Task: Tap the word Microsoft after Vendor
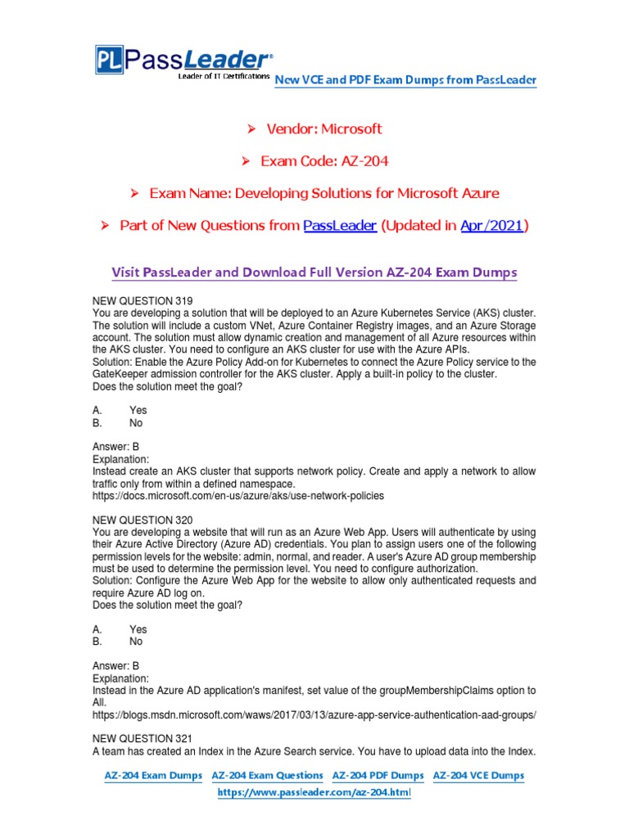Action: (351, 128)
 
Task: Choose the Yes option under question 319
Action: (138, 410)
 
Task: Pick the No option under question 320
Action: (136, 642)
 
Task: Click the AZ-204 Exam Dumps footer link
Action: (153, 775)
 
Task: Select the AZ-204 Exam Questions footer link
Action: (268, 775)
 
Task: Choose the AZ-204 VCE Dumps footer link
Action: (478, 775)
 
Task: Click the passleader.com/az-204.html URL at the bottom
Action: (314, 793)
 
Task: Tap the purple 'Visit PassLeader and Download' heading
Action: (314, 272)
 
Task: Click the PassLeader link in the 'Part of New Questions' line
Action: (340, 226)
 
